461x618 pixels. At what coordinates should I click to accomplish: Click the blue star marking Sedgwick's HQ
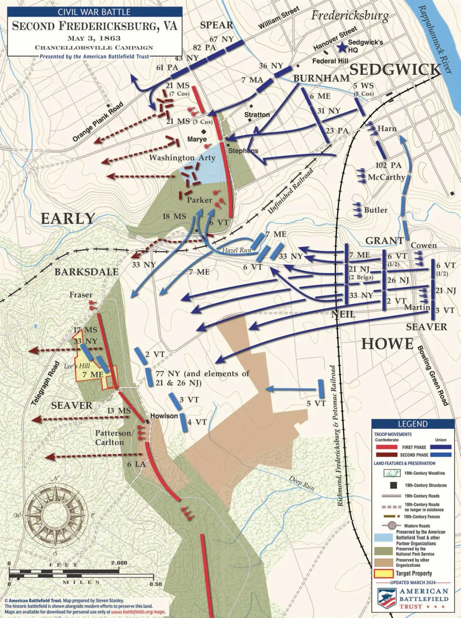341,48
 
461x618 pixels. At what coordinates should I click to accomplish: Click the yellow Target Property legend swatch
383,573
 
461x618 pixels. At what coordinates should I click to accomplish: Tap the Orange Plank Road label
98,122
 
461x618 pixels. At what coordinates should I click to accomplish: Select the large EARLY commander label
68,218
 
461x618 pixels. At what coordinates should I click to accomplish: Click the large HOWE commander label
387,344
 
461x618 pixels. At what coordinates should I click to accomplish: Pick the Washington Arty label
182,158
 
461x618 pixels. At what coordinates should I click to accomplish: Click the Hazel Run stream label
237,250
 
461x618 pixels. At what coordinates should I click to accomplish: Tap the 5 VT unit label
316,403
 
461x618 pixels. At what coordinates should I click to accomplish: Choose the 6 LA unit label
136,464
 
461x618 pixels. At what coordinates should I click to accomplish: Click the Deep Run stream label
302,483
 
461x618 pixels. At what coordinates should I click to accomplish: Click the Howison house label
164,416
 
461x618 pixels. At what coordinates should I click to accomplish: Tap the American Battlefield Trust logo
413,599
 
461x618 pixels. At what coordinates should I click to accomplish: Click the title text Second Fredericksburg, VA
95,26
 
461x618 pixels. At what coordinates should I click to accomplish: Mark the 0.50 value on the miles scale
156,584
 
